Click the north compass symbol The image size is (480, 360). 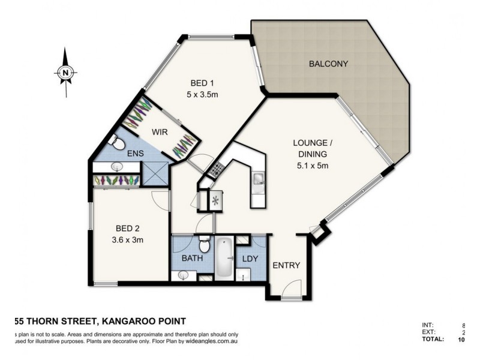point(64,73)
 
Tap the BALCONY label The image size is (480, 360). point(328,64)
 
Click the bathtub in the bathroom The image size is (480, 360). point(224,258)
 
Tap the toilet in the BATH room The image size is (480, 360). point(203,245)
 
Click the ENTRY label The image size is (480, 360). point(286,266)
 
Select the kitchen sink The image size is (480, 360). point(258,179)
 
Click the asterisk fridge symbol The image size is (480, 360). point(215,200)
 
